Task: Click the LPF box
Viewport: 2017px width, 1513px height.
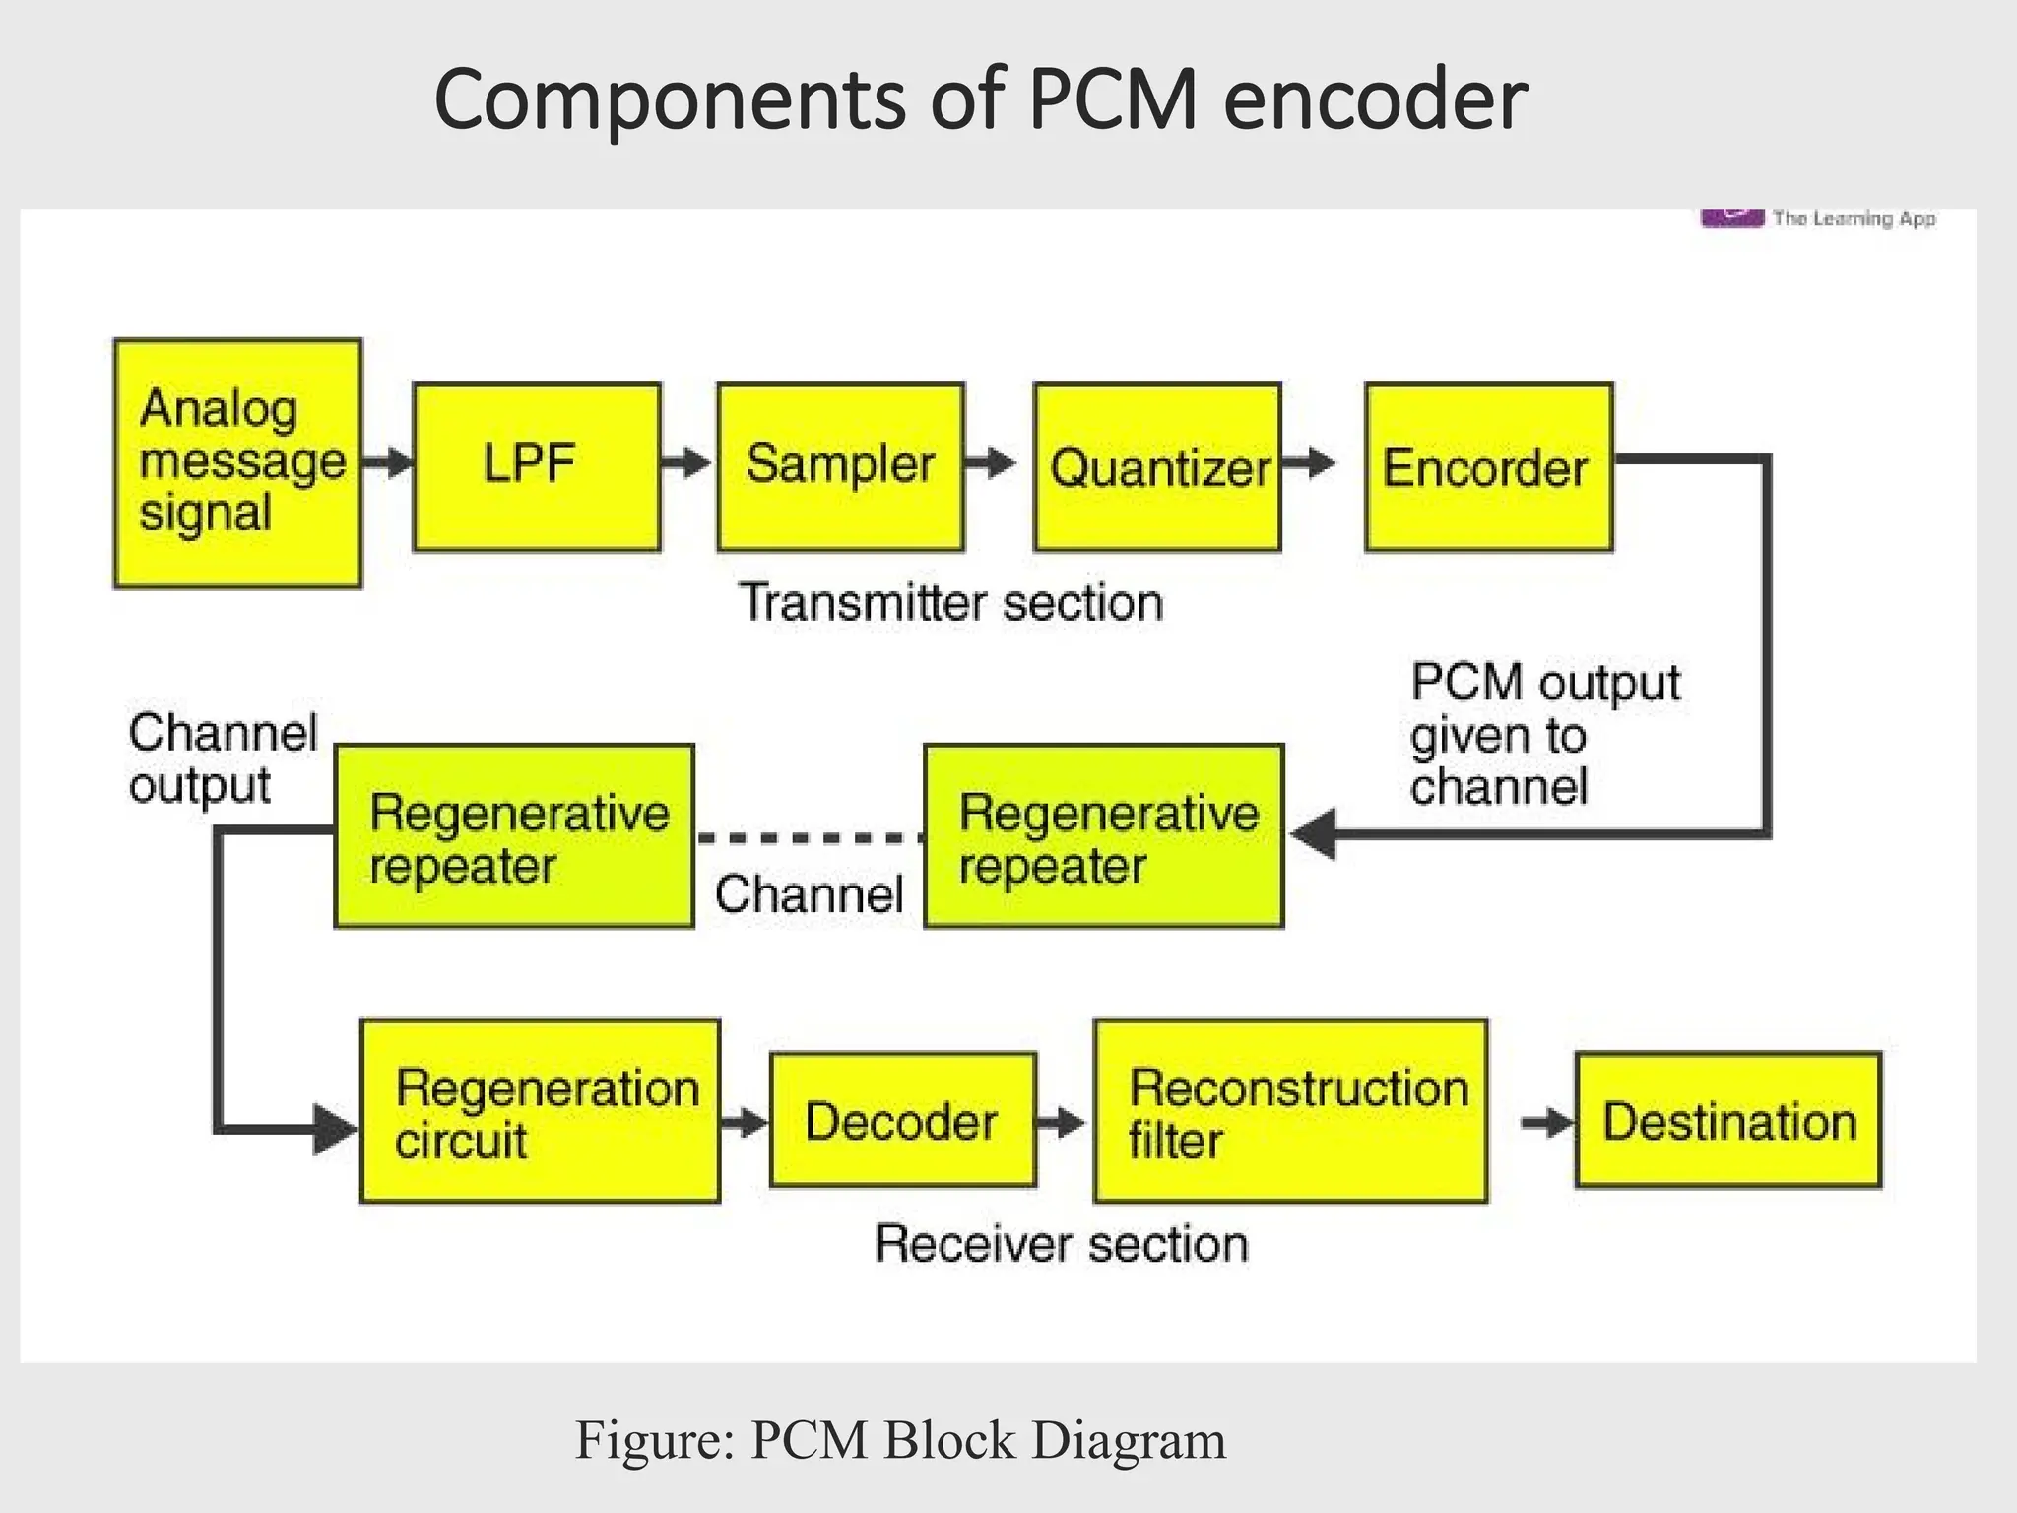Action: coord(537,466)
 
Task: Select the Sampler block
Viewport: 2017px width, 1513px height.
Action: coord(840,466)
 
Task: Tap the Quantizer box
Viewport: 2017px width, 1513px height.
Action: coord(1157,466)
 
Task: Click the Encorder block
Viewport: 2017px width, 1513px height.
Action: coord(1488,466)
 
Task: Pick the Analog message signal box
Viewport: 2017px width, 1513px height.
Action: coord(237,463)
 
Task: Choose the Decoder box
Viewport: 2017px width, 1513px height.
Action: coord(902,1120)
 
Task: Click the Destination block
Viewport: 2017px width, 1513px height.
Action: coord(1728,1120)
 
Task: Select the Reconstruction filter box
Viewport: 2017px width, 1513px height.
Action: coord(1290,1111)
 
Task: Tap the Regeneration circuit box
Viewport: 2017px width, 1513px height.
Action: coord(540,1111)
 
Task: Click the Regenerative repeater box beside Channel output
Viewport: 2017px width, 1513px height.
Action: coord(514,836)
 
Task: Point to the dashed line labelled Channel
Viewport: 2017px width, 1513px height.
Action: coord(809,838)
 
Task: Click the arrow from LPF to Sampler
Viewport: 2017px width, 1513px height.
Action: coord(685,462)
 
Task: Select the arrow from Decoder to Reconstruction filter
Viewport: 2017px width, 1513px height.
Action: coord(1062,1121)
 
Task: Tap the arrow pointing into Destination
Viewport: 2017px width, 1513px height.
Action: coord(1546,1122)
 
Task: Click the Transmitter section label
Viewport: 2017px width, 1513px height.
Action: coord(950,602)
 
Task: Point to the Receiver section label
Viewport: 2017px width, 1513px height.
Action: coord(1062,1243)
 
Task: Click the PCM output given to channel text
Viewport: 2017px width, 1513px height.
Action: coord(1544,735)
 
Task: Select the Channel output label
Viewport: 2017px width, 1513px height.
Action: coord(223,758)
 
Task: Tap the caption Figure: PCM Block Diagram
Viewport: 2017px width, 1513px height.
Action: coord(900,1440)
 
